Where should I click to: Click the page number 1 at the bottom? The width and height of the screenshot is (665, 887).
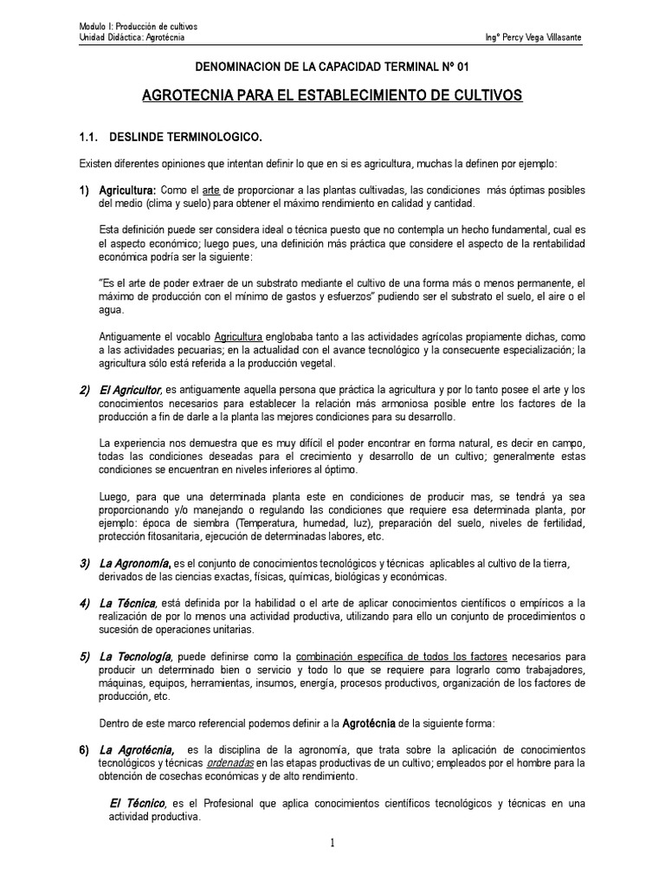click(x=332, y=845)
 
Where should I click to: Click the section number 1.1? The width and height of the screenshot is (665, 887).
click(x=89, y=137)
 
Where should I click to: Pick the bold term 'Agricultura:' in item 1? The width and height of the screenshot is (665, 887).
click(x=127, y=191)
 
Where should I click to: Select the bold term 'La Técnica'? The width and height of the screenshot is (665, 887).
click(x=126, y=603)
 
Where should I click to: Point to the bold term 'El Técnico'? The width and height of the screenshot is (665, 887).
click(x=137, y=803)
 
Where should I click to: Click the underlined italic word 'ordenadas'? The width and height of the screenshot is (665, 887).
click(x=231, y=763)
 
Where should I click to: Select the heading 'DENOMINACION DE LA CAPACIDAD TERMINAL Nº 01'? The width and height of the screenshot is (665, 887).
click(x=332, y=66)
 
